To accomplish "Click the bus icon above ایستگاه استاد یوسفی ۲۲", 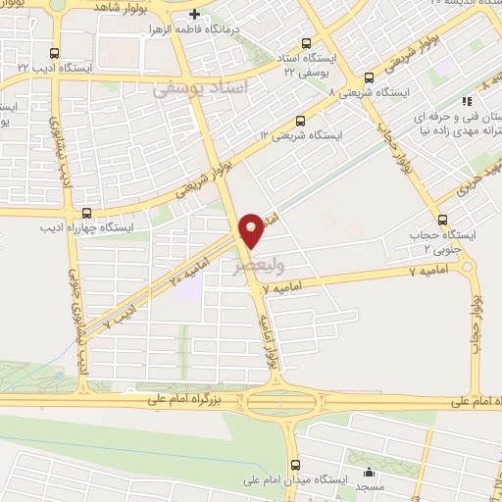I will [x=307, y=43].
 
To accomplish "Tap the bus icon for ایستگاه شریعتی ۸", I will [x=369, y=78].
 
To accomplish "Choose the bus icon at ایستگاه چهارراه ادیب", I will [x=87, y=211].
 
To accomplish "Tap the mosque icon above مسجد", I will [x=369, y=474].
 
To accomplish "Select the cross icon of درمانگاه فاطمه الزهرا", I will [x=194, y=15].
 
